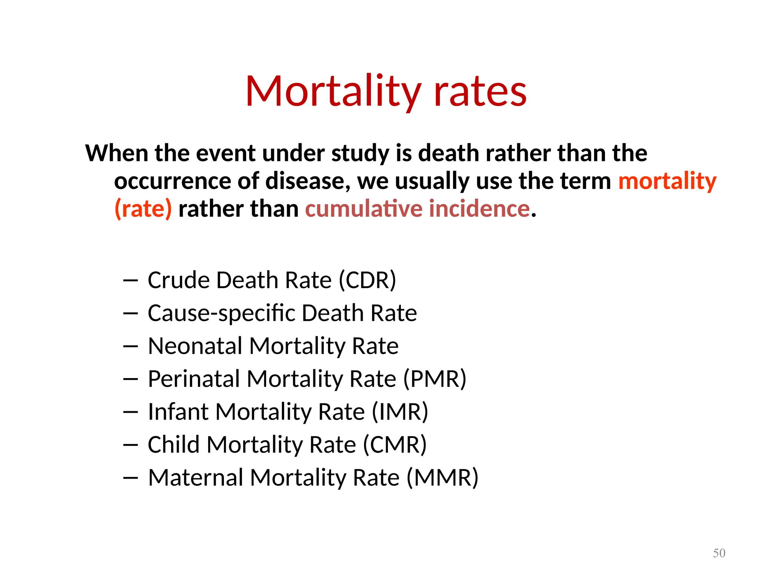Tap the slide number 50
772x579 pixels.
pos(719,553)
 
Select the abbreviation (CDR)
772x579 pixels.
pos(367,280)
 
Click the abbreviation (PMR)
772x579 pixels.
pos(435,379)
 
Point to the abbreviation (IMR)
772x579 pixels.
pos(400,412)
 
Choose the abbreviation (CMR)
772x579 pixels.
pos(395,445)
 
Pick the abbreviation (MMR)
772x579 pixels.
pos(442,478)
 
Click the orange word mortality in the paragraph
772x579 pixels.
pos(667,181)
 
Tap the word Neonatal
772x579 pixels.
pos(195,346)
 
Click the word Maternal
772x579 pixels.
pos(196,478)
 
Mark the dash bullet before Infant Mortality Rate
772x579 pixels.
pos(130,412)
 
